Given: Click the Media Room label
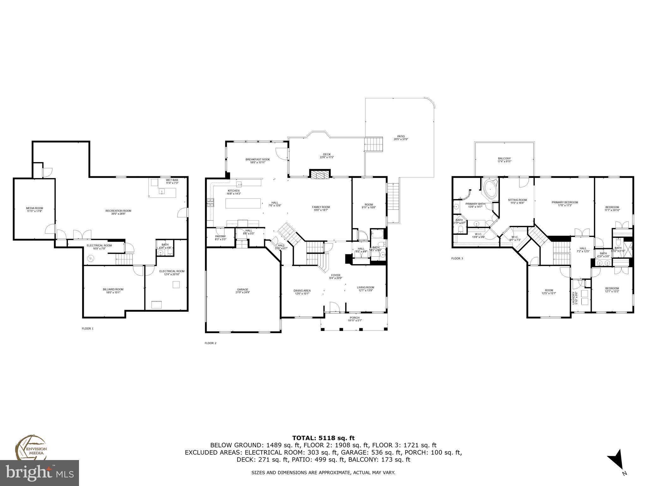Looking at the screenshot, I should click(x=34, y=208).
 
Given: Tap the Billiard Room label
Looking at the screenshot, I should click(x=113, y=289).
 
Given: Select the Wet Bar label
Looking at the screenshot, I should click(x=172, y=180).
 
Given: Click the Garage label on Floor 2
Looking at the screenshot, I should click(x=243, y=290).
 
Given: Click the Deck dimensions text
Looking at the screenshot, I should click(x=327, y=157).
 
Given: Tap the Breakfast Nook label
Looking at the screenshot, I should click(x=257, y=159).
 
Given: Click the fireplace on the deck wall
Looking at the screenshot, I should click(x=320, y=174).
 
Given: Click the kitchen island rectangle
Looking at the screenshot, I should click(x=243, y=203).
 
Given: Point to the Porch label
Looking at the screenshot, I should click(x=354, y=318).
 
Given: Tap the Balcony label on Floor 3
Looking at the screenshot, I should click(x=504, y=159).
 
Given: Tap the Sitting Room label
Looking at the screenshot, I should click(x=517, y=200).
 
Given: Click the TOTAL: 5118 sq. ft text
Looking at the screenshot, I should click(x=323, y=438).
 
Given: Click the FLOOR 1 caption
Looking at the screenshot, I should click(x=88, y=328).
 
